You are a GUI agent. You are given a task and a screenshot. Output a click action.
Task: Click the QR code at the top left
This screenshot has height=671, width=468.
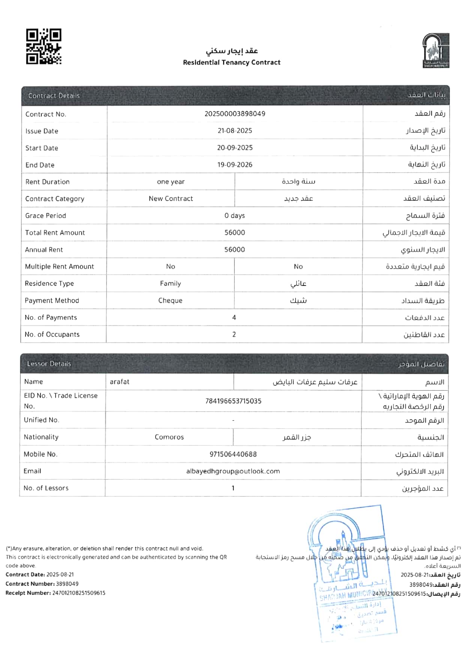43,46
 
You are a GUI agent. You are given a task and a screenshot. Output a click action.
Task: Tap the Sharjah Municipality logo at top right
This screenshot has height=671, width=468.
436,51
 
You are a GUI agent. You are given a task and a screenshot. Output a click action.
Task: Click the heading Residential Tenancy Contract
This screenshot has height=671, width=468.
231,62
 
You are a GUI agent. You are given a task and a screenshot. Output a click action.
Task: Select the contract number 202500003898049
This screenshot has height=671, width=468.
235,114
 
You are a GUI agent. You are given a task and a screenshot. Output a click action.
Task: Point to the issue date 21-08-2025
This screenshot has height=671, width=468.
235,131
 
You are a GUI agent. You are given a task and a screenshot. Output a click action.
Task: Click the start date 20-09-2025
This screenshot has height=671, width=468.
235,148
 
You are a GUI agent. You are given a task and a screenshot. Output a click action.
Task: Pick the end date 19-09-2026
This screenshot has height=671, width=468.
235,165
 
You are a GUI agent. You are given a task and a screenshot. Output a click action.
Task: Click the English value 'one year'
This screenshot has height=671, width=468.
171,182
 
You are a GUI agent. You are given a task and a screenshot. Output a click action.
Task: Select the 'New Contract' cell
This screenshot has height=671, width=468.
171,199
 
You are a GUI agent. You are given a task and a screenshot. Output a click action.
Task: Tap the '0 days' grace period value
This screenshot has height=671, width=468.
235,216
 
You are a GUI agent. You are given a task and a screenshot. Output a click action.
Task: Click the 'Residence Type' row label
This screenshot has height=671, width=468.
49,283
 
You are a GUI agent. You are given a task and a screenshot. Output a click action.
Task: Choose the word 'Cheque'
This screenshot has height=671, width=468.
170,301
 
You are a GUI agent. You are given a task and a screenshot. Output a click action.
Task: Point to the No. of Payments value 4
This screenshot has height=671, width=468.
234,317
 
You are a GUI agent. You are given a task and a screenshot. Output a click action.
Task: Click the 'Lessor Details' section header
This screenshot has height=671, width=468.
49,364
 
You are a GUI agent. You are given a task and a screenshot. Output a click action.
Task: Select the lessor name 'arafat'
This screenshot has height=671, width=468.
120,382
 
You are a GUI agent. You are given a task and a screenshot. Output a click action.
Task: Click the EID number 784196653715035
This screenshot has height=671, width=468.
233,401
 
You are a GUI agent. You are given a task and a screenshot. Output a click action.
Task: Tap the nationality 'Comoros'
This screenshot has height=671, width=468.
169,437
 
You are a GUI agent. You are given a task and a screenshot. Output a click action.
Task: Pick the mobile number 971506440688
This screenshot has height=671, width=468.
233,454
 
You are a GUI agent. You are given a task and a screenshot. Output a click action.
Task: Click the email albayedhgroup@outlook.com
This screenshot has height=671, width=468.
233,471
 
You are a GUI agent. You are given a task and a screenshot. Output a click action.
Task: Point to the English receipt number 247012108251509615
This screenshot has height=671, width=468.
79,593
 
